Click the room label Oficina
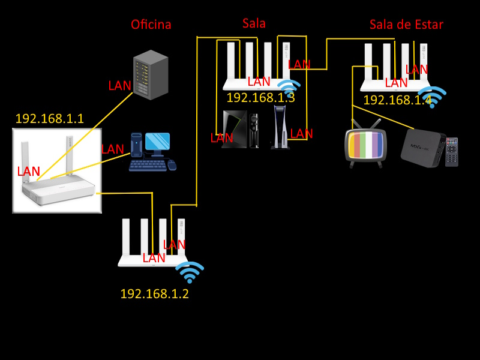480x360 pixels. (151, 25)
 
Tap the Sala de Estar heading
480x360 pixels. (406, 25)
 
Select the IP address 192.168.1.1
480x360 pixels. (49, 119)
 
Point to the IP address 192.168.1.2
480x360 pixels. (154, 294)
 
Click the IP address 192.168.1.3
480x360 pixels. (260, 98)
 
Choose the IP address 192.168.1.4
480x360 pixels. (397, 100)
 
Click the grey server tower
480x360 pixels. (150, 75)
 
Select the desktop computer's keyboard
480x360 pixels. (148, 164)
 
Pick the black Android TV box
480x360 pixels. (422, 147)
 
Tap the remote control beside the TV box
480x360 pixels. (451, 152)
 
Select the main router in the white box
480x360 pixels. (57, 171)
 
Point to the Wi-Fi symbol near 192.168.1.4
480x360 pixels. (432, 96)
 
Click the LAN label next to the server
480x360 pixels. (119, 85)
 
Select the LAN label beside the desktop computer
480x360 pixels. (112, 149)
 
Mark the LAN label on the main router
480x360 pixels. (29, 172)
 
